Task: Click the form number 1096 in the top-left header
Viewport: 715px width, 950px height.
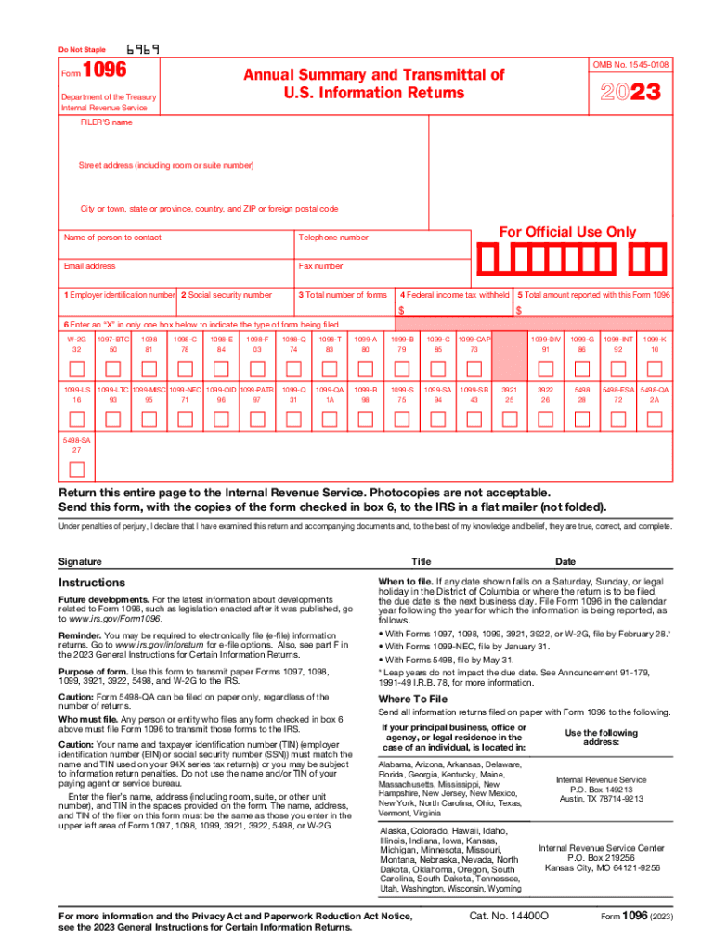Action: pyautogui.click(x=104, y=71)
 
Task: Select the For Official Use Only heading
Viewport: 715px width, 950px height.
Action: pyautogui.click(x=568, y=231)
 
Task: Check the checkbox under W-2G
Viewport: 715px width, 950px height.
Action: pyautogui.click(x=77, y=366)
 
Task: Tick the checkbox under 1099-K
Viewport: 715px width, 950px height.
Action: pyautogui.click(x=655, y=366)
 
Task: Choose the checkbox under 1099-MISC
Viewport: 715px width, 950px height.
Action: pyautogui.click(x=149, y=417)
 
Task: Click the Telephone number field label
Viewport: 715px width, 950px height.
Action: pyautogui.click(x=333, y=237)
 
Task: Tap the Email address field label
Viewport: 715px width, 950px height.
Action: pyautogui.click(x=89, y=266)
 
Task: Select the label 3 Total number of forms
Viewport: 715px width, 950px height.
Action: pyautogui.click(x=342, y=294)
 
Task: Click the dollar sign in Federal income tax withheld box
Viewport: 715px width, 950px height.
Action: pyautogui.click(x=401, y=310)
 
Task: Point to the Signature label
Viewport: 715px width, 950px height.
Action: pyautogui.click(x=80, y=561)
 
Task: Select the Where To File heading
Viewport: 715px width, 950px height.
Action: pyautogui.click(x=412, y=699)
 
